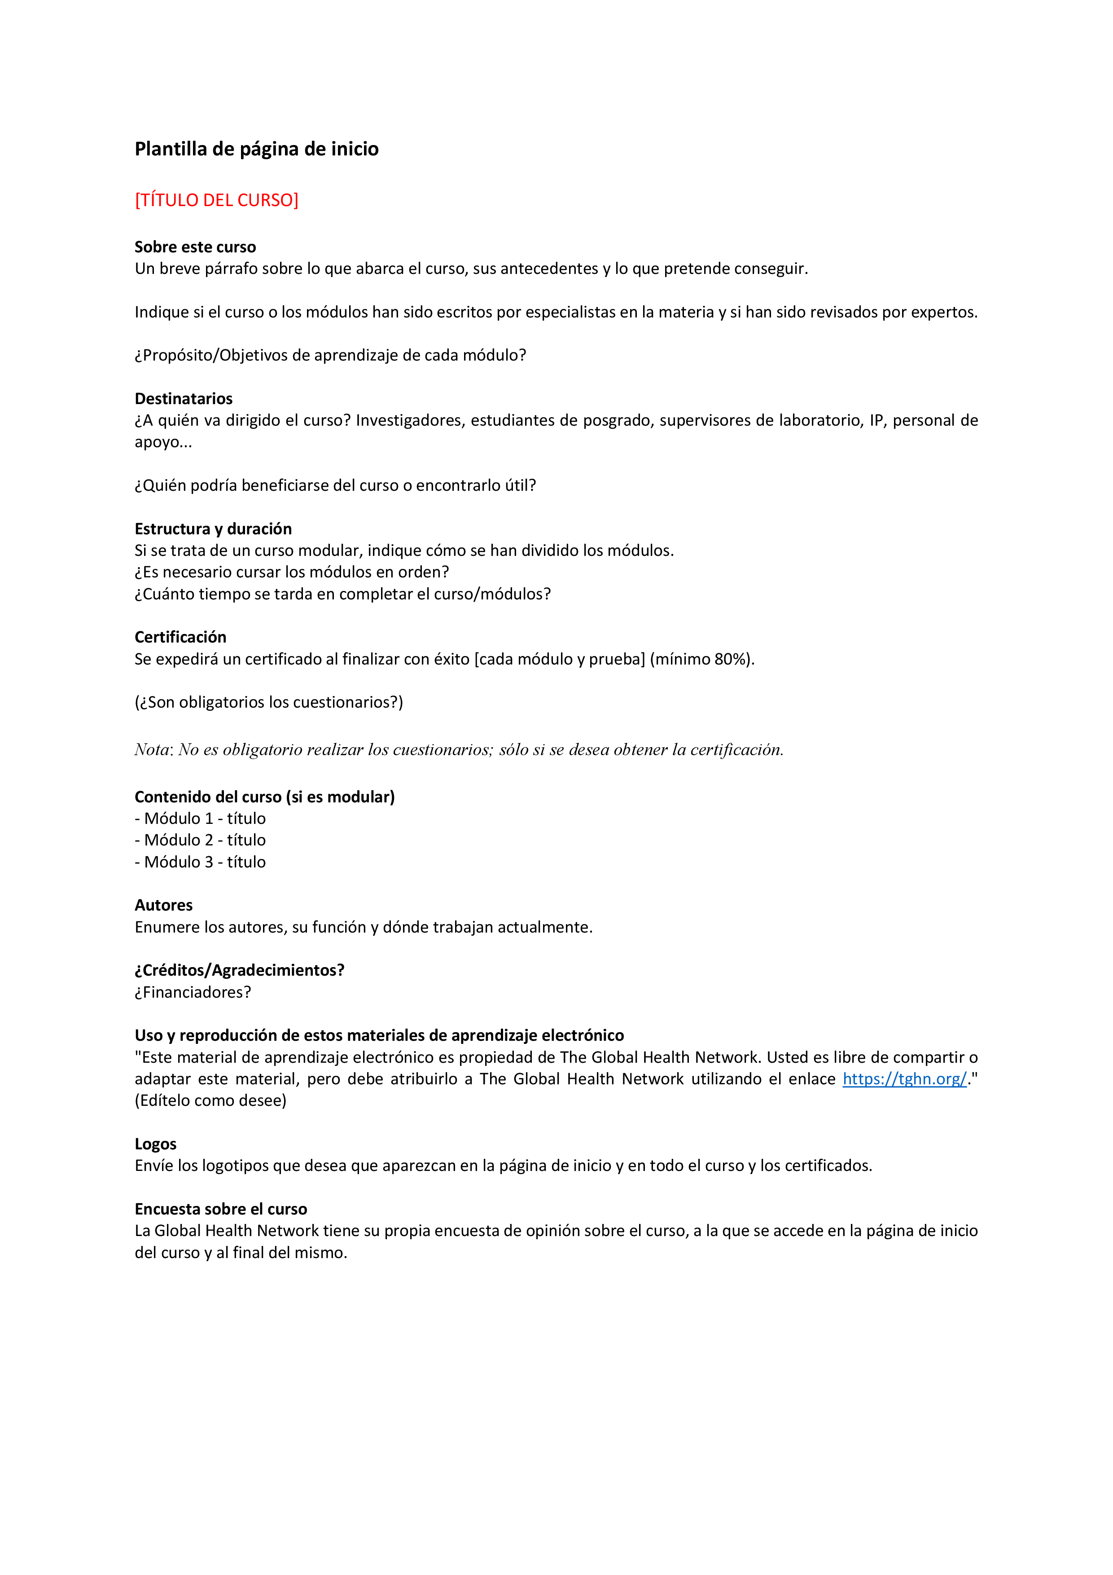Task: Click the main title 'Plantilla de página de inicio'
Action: coord(256,149)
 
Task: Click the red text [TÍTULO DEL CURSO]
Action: coord(217,200)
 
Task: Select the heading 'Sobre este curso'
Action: coord(195,247)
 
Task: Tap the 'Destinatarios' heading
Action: coord(184,399)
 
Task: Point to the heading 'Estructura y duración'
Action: coord(213,529)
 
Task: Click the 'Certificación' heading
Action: coord(180,637)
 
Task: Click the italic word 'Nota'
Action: coord(152,750)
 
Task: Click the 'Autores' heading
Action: coord(164,906)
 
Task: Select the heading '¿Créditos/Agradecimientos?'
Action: coord(239,970)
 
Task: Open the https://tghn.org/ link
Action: coord(904,1079)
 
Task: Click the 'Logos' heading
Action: coord(156,1144)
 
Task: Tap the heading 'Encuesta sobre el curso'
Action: coord(221,1209)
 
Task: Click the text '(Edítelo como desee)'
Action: coord(210,1100)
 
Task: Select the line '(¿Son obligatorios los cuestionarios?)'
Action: coord(269,703)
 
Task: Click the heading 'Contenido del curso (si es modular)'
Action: coord(265,797)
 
